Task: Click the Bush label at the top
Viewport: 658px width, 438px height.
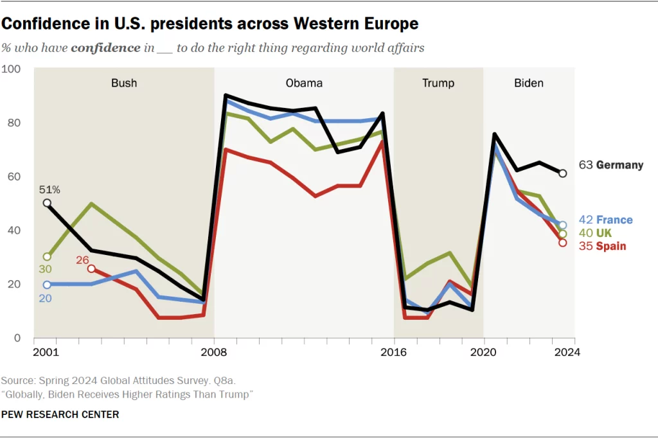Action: click(x=124, y=83)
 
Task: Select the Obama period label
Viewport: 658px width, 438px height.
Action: click(x=304, y=83)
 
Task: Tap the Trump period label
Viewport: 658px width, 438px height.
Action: click(x=438, y=83)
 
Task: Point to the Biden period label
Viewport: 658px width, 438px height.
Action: click(x=529, y=83)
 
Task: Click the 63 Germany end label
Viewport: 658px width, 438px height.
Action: click(x=611, y=165)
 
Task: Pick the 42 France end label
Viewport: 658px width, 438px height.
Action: click(x=606, y=220)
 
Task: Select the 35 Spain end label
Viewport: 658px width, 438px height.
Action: click(x=603, y=246)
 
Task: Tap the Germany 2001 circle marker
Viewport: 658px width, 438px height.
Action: click(x=47, y=203)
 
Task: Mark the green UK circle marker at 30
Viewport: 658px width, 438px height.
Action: click(x=47, y=257)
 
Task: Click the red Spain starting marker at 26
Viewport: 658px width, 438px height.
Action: click(x=92, y=268)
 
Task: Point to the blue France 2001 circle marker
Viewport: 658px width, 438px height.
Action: click(x=47, y=285)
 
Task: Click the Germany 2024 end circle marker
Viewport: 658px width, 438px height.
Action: click(x=563, y=173)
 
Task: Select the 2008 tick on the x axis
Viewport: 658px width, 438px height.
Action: click(x=214, y=352)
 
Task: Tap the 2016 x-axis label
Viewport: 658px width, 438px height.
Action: click(x=394, y=352)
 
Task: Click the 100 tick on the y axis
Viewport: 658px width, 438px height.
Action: click(x=12, y=69)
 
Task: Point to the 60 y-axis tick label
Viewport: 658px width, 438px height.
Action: click(x=15, y=177)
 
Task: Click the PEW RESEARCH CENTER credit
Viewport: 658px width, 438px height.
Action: click(x=60, y=415)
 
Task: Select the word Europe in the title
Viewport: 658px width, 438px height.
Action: click(x=387, y=24)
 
